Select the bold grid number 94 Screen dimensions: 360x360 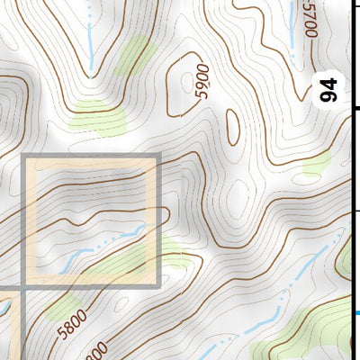[329, 90]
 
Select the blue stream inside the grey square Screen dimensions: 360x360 [99, 248]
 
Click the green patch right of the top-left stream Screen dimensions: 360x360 [133, 54]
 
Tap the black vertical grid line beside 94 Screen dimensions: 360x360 [350, 135]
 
